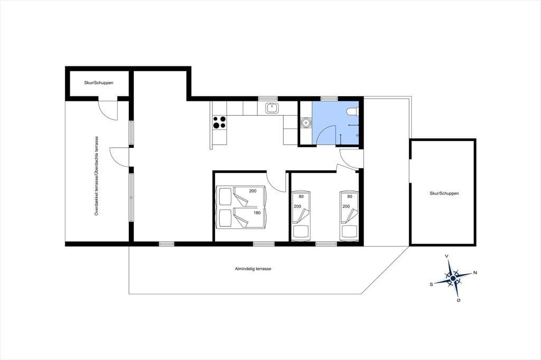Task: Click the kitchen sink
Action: (272, 108)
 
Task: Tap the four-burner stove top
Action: (219, 122)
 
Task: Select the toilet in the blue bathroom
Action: (353, 111)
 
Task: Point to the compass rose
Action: (453, 277)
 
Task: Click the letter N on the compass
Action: (475, 273)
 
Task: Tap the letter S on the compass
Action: (431, 285)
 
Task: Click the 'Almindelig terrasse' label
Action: (253, 269)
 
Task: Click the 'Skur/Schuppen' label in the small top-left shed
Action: (99, 83)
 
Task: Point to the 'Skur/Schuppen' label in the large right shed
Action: (444, 193)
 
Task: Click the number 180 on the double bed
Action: (257, 213)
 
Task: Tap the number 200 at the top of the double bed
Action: (253, 191)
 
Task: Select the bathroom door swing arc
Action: (325, 136)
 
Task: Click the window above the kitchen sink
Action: (267, 99)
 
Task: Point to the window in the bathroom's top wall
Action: (329, 99)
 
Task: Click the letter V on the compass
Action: (447, 256)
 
